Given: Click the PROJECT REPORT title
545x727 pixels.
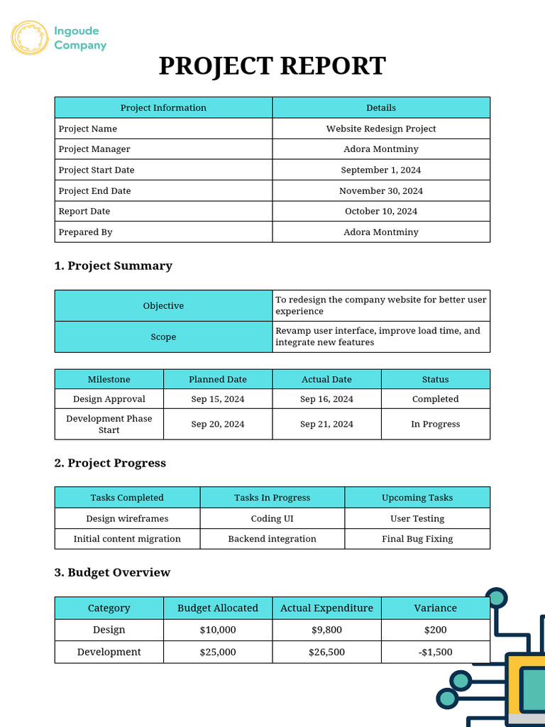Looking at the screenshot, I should [272, 66].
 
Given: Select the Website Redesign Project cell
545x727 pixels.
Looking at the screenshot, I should [381, 129].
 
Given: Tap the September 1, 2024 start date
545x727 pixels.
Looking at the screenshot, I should [381, 170].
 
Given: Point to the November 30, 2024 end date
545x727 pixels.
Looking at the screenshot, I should [381, 190].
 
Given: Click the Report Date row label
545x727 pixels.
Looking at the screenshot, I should [84, 211].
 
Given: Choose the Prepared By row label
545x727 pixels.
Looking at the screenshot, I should [86, 232].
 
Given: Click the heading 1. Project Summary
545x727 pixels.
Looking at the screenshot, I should [114, 266].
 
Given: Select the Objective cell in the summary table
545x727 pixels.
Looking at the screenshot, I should [163, 305].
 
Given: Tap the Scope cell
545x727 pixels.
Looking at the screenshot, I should [163, 337].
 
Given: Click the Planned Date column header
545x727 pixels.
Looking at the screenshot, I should [218, 379].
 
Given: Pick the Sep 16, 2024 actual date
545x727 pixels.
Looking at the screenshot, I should [326, 399].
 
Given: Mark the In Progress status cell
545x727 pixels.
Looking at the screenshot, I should [435, 424].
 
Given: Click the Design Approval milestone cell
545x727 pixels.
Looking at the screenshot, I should [109, 399].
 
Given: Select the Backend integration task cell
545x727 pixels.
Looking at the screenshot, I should [272, 539].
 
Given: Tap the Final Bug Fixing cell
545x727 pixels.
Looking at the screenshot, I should [417, 539].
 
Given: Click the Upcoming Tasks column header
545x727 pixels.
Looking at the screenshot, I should [417, 498].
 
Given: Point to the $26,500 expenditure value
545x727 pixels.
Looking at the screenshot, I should [326, 652].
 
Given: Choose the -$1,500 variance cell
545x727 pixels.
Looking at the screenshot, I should [435, 652].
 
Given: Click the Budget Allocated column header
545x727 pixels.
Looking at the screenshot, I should [218, 608].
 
